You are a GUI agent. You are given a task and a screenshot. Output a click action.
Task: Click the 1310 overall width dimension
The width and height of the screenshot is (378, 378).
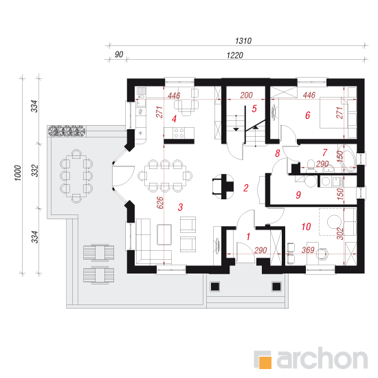tap(243, 41)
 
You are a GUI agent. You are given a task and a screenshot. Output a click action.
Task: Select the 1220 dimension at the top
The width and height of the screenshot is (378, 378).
tap(235, 56)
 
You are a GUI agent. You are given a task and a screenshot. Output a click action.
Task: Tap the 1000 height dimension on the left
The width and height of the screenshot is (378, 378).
tap(18, 173)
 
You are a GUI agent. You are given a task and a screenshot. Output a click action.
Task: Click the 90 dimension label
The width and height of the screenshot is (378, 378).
tap(119, 54)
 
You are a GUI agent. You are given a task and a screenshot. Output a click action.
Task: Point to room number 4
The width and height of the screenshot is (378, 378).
tap(174, 119)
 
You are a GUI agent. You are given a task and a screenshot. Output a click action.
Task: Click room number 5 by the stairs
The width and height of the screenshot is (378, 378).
tap(254, 109)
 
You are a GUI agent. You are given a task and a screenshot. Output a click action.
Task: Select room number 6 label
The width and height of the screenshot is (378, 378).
tap(308, 115)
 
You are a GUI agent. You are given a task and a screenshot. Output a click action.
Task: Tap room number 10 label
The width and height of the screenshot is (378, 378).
tap(306, 227)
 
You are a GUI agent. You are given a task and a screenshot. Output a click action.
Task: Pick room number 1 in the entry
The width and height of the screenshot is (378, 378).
tap(248, 236)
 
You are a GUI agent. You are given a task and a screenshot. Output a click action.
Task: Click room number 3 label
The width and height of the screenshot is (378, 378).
tap(180, 207)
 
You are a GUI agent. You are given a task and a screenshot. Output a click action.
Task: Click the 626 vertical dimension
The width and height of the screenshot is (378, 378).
tap(160, 203)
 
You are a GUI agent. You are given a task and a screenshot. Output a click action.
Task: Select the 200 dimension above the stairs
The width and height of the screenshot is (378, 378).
tap(246, 96)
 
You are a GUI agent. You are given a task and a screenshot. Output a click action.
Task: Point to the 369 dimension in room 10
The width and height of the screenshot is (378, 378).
tap(308, 250)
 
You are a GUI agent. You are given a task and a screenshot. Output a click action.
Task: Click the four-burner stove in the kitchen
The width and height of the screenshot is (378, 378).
tap(179, 133)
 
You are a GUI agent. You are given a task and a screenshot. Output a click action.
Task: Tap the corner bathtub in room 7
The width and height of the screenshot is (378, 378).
tap(347, 159)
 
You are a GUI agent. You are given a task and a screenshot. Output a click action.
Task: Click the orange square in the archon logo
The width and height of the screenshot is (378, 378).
tap(265, 362)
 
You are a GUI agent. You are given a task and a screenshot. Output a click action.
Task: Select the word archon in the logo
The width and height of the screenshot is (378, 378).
tap(322, 358)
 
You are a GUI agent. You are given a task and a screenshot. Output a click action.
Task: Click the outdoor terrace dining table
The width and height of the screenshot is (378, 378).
tap(76, 176)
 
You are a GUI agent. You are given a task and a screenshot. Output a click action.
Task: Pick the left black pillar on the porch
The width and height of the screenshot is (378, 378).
tap(215, 287)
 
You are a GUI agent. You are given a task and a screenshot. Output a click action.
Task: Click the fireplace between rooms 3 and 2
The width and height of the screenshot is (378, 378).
tap(223, 186)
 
